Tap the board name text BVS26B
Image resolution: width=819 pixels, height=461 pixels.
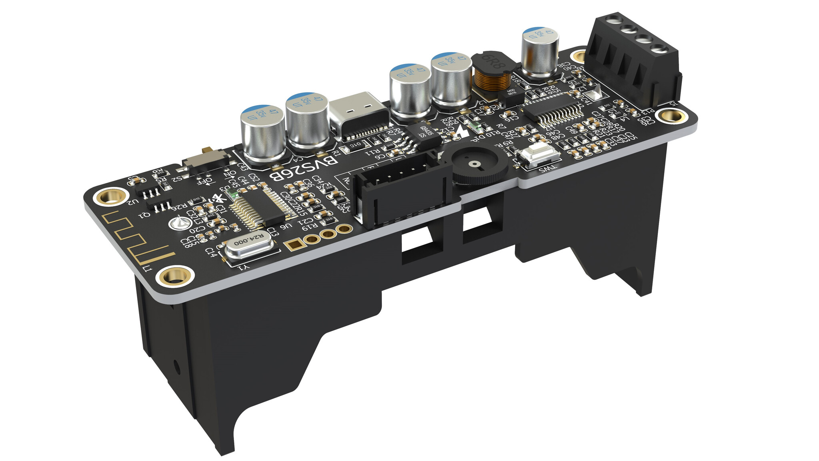point(304,168)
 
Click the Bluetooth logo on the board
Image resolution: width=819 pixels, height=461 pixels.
point(218,198)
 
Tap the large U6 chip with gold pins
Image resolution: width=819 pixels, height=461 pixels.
point(260,208)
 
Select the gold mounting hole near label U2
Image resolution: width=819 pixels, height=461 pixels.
point(108,196)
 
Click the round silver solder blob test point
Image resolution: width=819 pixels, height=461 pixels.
point(178,223)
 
